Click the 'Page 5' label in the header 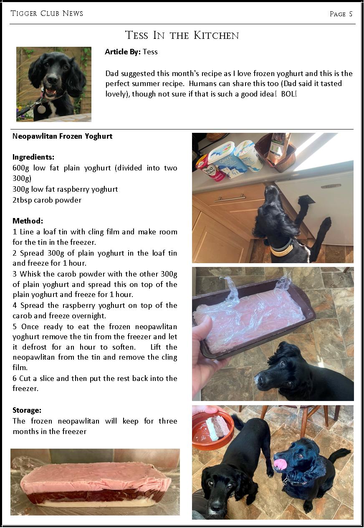click(x=341, y=14)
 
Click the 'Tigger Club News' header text click(x=47, y=13)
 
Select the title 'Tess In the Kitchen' click(x=182, y=35)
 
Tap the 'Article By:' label click(x=123, y=52)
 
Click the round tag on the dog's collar click(x=42, y=109)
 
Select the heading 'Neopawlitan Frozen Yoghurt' click(x=62, y=136)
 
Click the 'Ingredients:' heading click(x=33, y=157)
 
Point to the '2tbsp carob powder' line click(x=47, y=200)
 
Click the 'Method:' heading click(x=28, y=221)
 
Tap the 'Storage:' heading click(x=27, y=410)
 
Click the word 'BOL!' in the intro click(x=289, y=94)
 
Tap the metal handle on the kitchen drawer click(x=230, y=198)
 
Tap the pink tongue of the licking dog click(x=280, y=464)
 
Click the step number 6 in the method click(x=15, y=378)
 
